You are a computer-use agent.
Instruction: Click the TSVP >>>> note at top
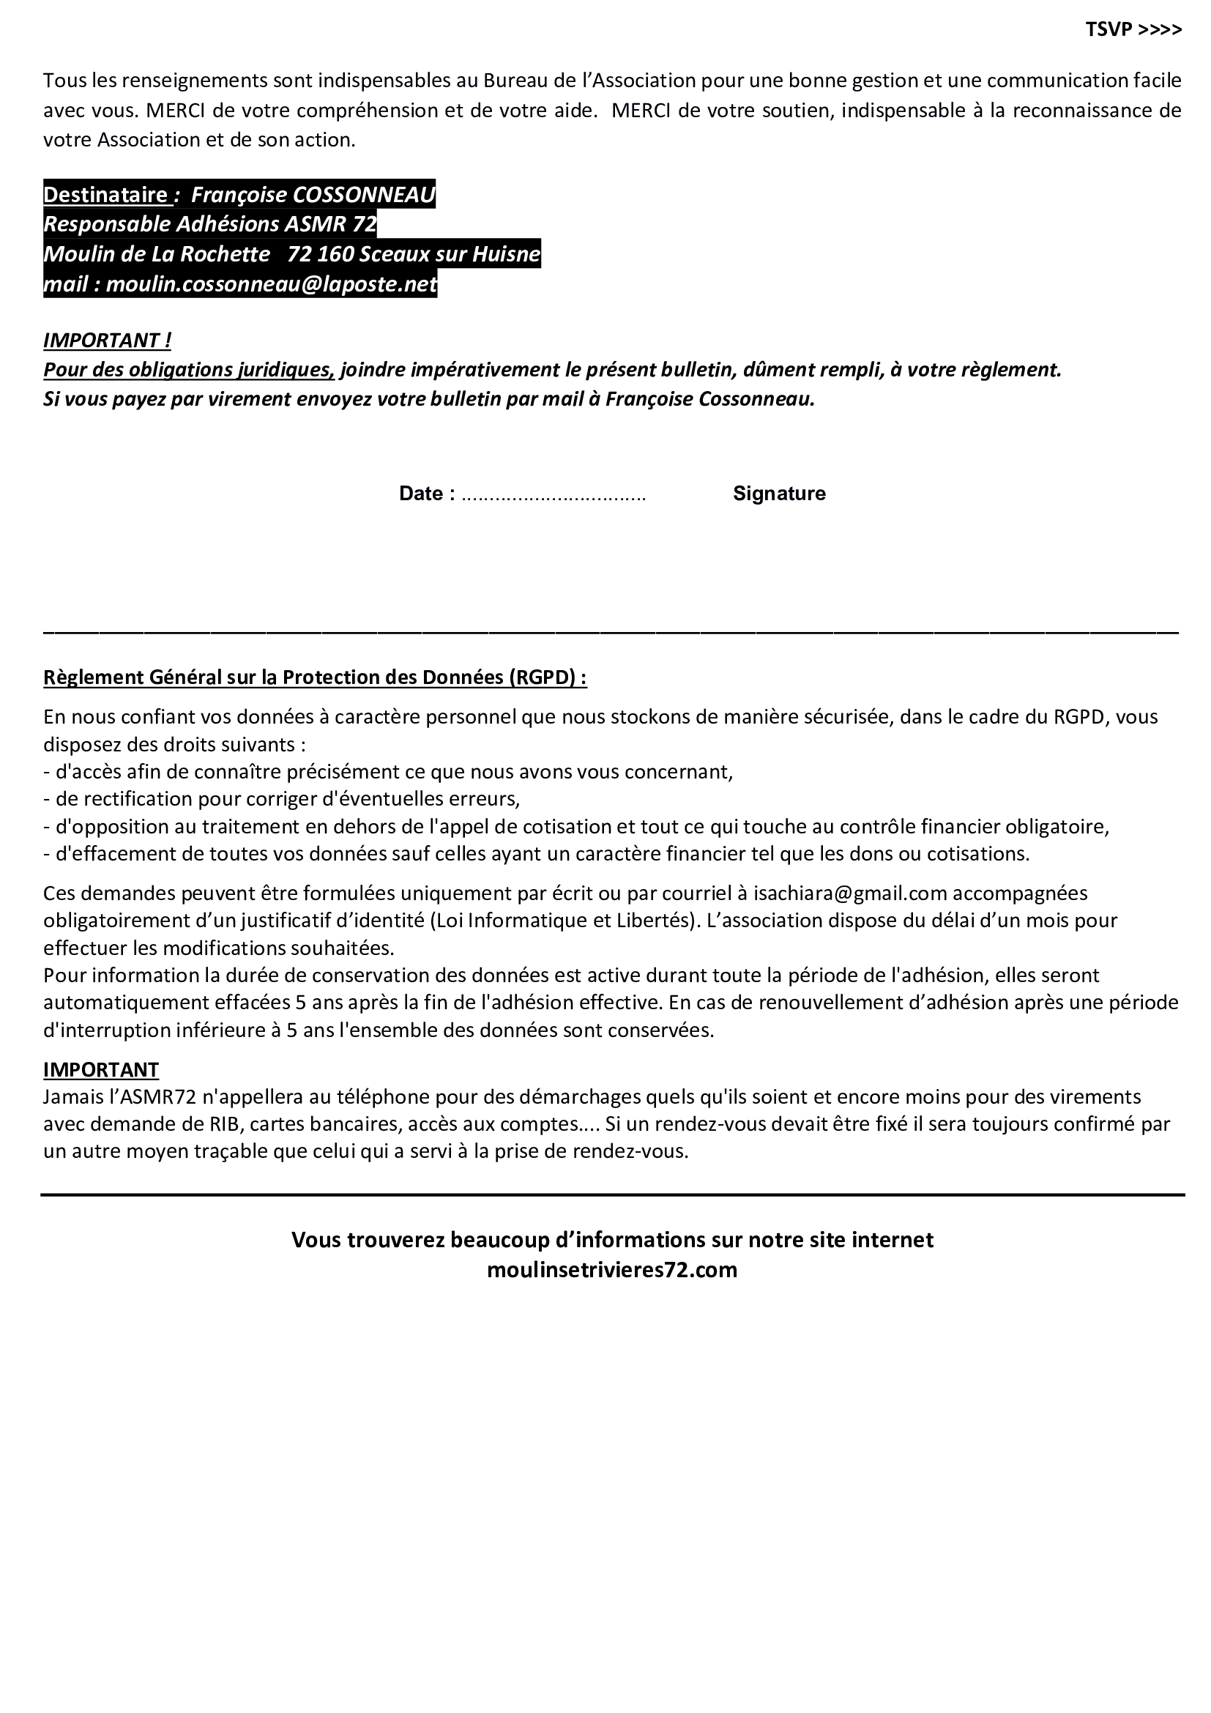point(1133,30)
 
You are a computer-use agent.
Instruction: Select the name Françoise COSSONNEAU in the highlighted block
point(313,195)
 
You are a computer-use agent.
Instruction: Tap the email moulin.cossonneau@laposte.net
point(272,284)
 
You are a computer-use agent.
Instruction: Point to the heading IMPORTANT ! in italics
point(108,341)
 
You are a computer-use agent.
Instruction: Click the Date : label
point(428,493)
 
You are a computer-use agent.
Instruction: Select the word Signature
point(778,493)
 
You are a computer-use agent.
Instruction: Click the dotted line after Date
point(554,494)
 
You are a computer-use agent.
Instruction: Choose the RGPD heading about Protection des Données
point(315,677)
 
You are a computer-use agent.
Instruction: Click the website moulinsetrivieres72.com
point(611,1270)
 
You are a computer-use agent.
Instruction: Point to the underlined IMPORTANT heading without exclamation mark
point(100,1069)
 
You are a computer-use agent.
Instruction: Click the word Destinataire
point(105,195)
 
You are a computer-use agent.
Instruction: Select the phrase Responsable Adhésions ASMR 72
point(210,225)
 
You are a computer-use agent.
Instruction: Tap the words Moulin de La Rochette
point(157,254)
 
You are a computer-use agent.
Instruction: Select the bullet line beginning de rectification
point(281,798)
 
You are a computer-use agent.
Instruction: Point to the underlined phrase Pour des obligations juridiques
point(189,370)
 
